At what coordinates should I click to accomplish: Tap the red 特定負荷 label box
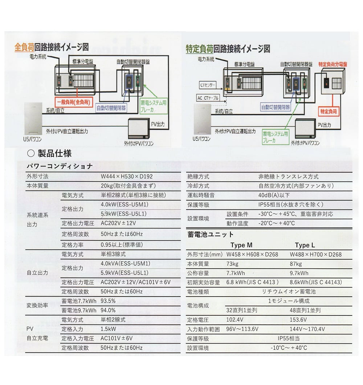click(x=328, y=112)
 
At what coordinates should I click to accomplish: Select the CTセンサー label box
click(x=208, y=86)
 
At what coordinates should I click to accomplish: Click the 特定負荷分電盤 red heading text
click(x=333, y=64)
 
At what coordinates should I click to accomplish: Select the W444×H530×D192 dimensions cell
click(x=126, y=177)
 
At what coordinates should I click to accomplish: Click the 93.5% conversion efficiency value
click(x=108, y=301)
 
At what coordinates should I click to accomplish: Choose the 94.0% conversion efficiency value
click(x=108, y=310)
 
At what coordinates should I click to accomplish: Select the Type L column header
click(x=305, y=245)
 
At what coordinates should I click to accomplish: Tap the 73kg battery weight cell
click(x=233, y=264)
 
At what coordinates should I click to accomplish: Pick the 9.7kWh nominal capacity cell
click(x=299, y=273)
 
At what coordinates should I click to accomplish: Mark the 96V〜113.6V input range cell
click(x=242, y=329)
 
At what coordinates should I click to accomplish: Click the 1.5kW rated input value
click(x=109, y=329)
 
